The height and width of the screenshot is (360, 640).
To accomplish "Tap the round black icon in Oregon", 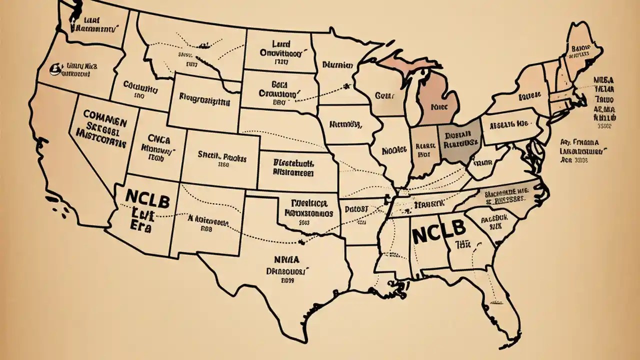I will [52, 67].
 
